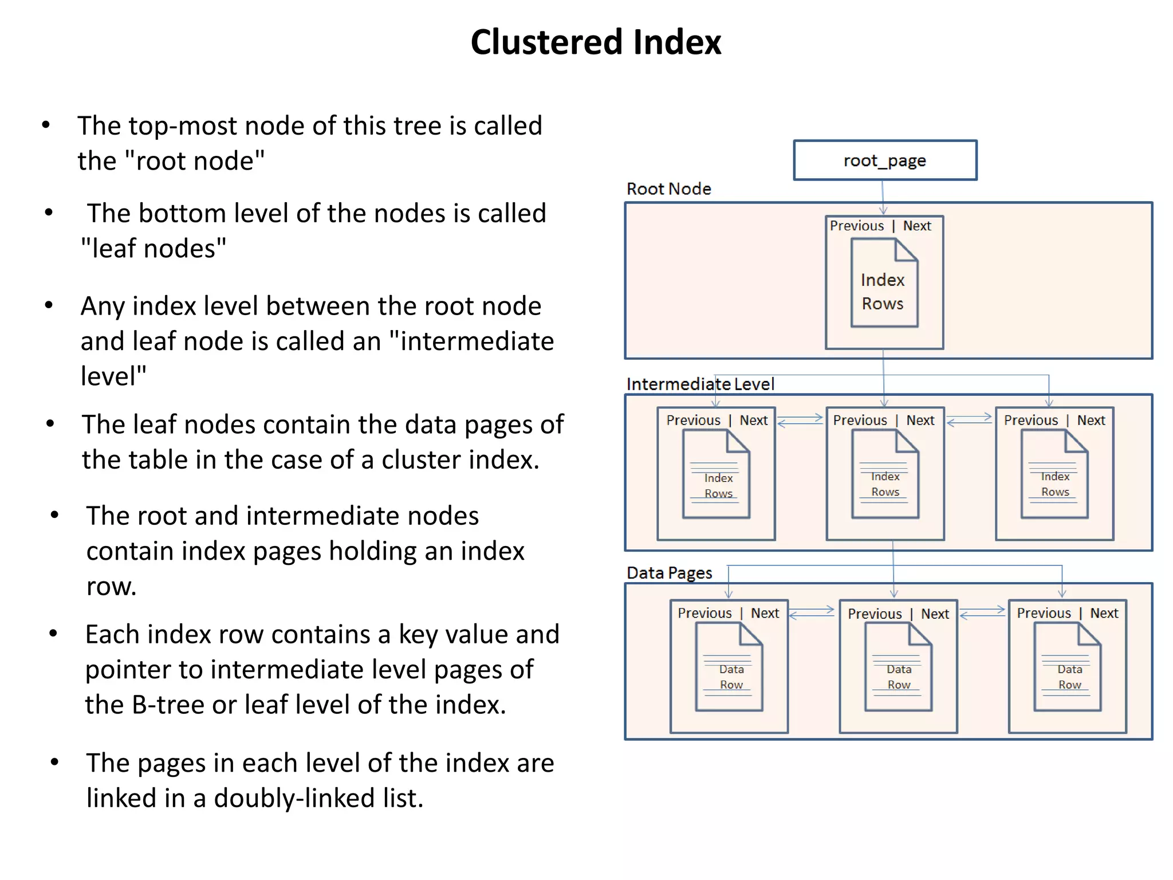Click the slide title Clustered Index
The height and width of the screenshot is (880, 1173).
[596, 42]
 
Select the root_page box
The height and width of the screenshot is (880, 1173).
[885, 160]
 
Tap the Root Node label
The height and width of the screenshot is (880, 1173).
[668, 188]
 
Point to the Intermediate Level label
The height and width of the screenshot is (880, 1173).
[700, 384]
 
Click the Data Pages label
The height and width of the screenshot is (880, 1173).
[669, 573]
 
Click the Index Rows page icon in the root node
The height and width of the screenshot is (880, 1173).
[884, 283]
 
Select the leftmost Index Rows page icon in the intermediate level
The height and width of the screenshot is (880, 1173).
[716, 474]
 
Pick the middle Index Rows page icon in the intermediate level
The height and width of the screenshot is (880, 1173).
[885, 474]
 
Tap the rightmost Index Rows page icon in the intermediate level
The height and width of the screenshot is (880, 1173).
[1054, 474]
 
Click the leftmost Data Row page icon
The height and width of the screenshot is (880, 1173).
[729, 667]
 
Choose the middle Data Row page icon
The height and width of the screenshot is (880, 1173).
[898, 667]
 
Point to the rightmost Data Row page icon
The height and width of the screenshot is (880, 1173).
[1068, 667]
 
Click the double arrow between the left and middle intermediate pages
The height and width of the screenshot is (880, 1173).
[800, 421]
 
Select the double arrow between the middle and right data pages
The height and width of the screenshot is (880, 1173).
[982, 612]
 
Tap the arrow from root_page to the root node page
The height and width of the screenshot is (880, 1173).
[883, 198]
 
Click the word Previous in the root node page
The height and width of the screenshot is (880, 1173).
[857, 226]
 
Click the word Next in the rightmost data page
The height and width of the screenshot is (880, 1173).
[1104, 613]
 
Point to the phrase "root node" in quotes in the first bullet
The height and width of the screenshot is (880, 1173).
[195, 161]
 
